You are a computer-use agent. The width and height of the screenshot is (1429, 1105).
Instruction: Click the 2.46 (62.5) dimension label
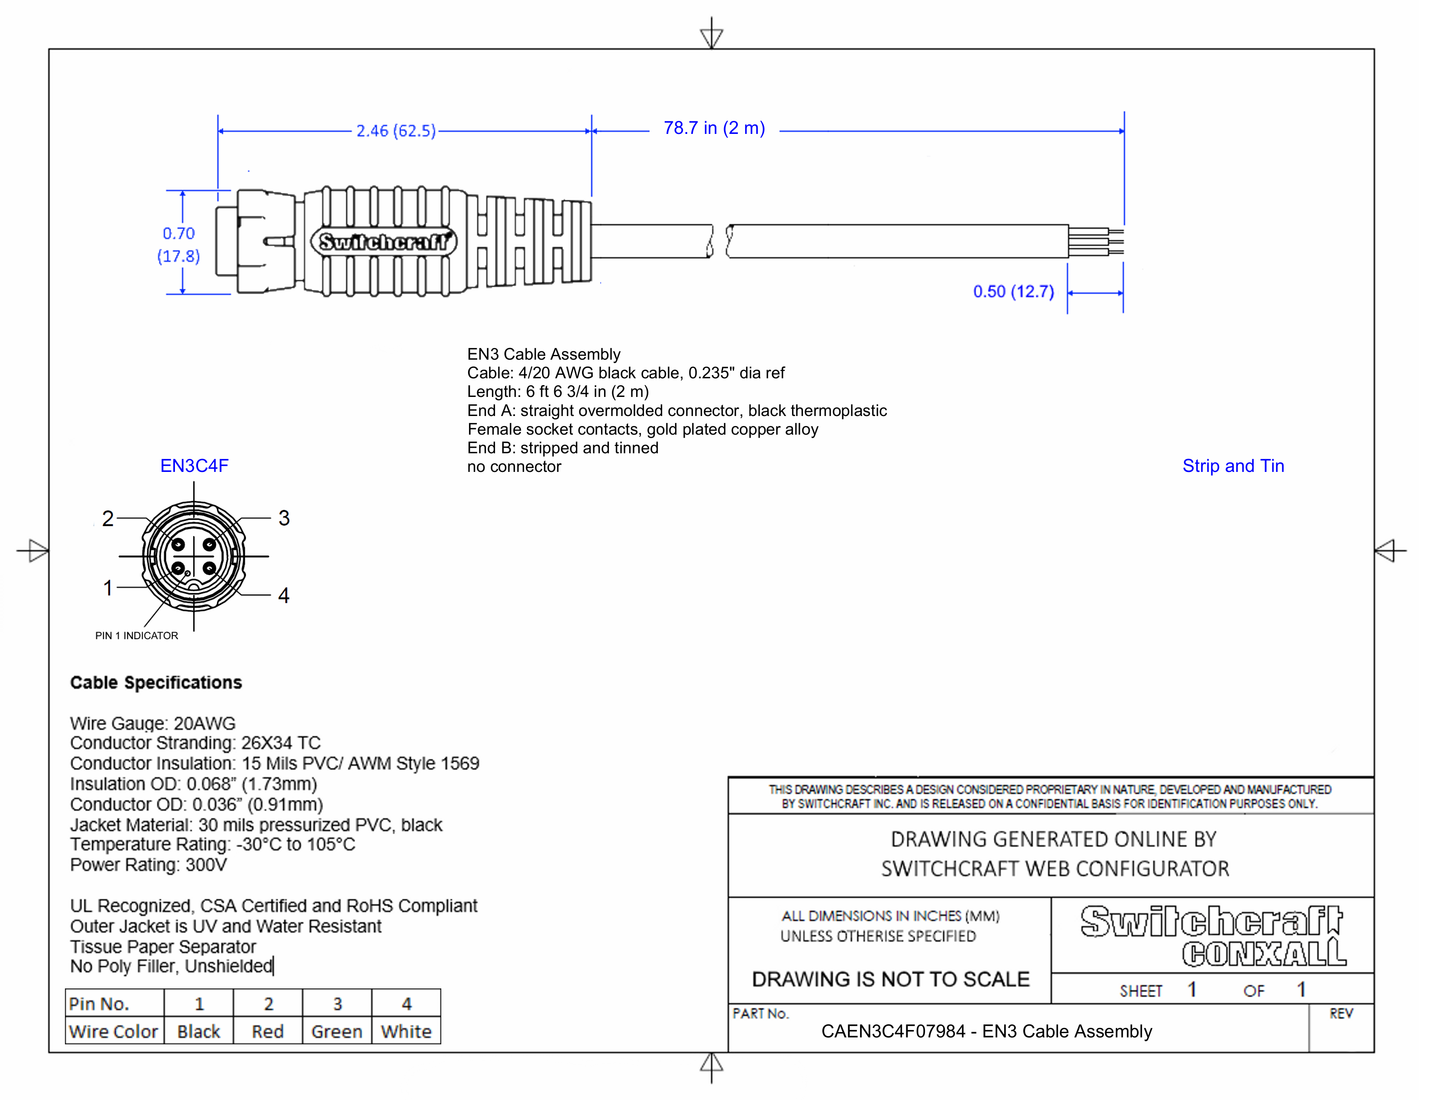pos(396,131)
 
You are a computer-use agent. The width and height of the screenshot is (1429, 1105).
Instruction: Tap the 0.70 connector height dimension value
pos(178,233)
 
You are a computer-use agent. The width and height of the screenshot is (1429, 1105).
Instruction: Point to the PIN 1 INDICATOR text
pos(137,636)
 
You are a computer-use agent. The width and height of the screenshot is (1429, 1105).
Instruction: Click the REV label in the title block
pos(1341,1014)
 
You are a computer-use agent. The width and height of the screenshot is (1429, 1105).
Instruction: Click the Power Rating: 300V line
pos(149,865)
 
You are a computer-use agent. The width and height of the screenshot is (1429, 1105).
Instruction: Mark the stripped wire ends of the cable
pos(1096,241)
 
